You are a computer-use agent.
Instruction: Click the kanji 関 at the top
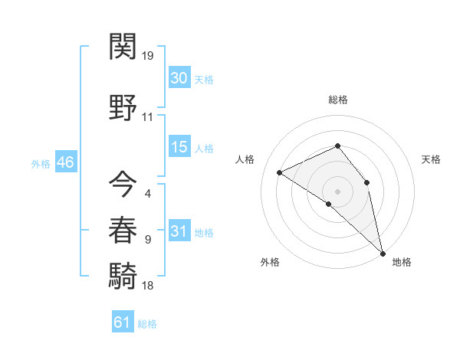point(123,47)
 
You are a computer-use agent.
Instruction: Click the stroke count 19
point(148,56)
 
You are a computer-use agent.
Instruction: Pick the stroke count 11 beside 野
point(148,117)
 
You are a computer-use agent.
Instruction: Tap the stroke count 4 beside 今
point(147,193)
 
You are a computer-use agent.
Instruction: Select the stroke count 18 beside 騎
point(148,286)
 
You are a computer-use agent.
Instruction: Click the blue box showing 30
point(179,77)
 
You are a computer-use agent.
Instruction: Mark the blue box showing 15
point(179,147)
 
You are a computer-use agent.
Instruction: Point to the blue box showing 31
point(179,231)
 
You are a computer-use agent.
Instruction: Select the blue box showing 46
point(65,162)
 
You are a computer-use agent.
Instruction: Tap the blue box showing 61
point(122,322)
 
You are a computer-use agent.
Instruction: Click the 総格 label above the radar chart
point(337,100)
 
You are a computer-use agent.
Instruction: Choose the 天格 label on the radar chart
point(431,159)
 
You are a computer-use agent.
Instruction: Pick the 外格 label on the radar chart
point(270,262)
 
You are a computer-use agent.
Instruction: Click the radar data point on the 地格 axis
point(382,253)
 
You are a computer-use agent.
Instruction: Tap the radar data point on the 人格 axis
point(280,172)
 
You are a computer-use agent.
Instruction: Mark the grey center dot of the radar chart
point(337,191)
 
